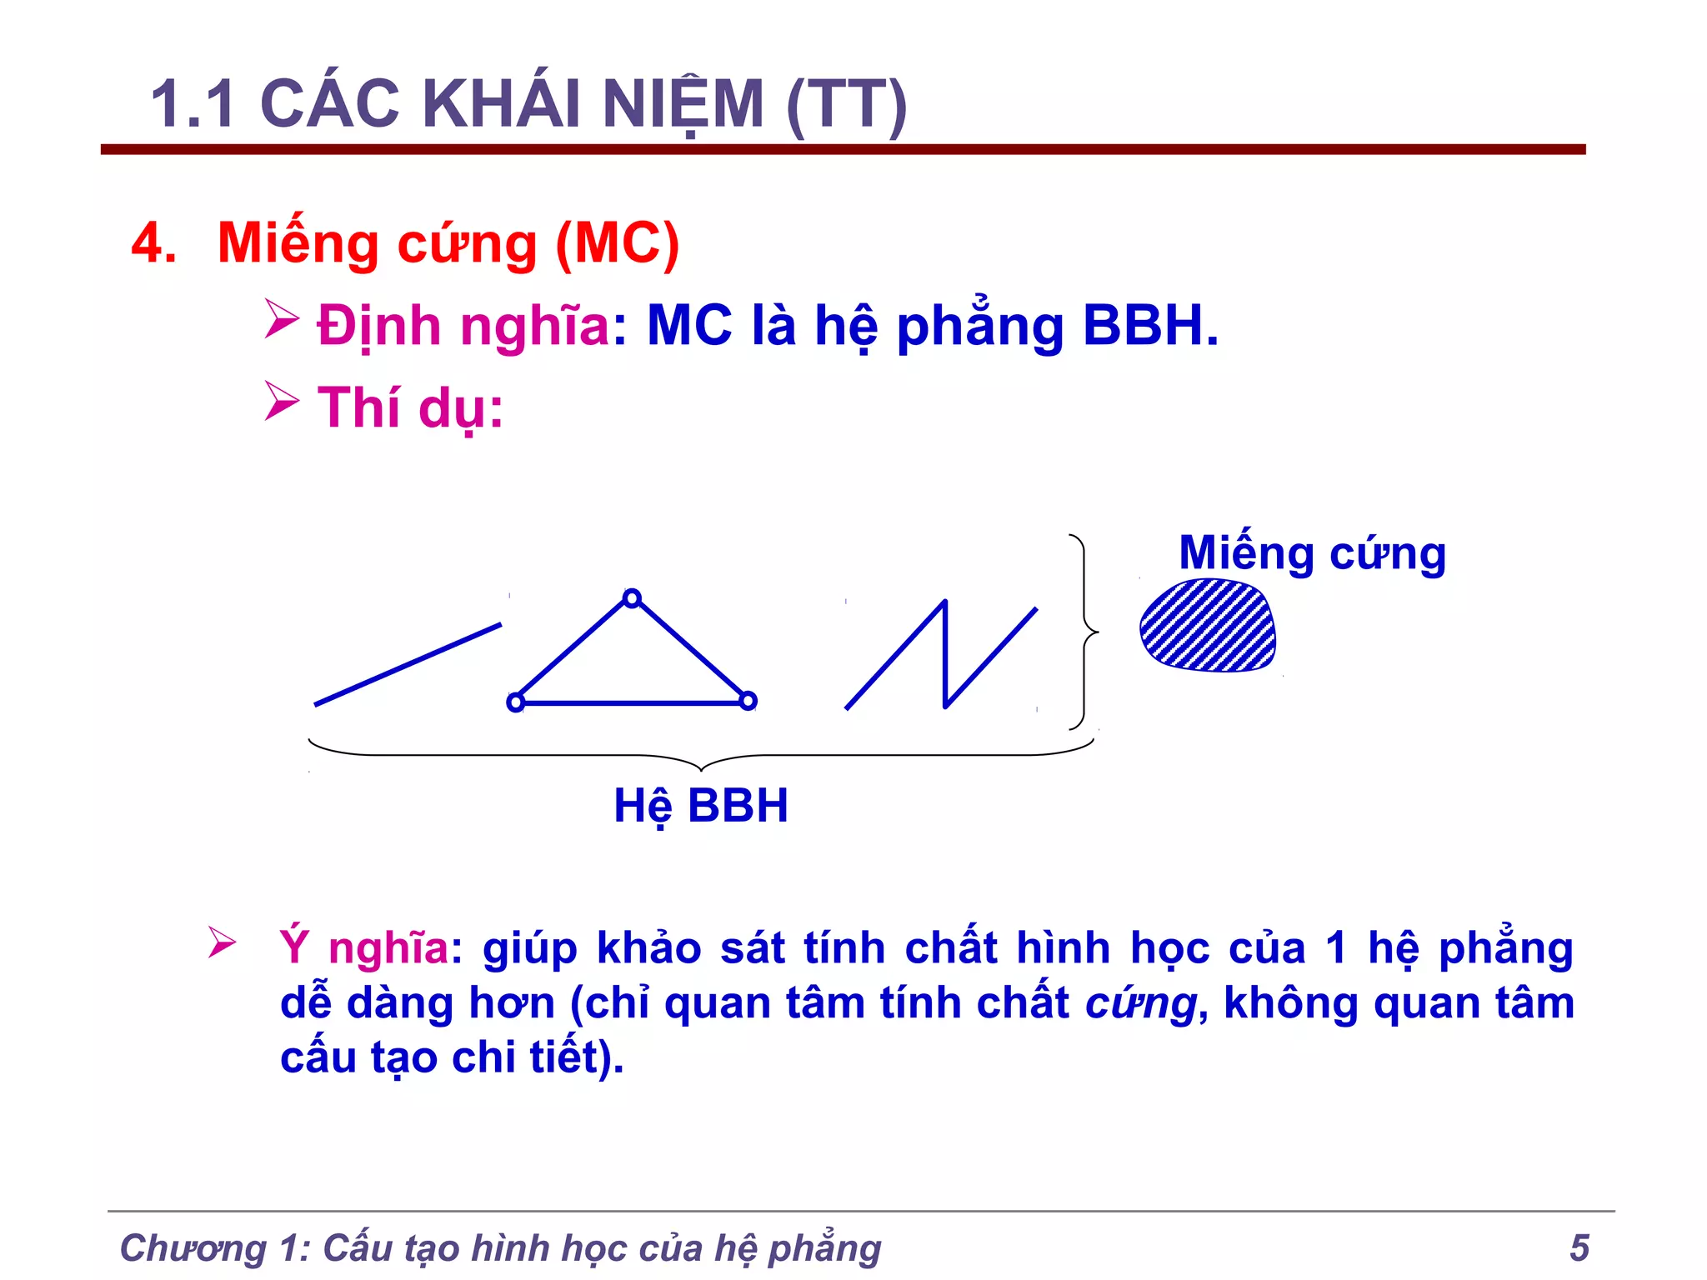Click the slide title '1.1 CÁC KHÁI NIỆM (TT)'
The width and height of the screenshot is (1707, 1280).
click(x=528, y=104)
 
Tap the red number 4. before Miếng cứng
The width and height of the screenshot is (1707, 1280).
click(x=153, y=243)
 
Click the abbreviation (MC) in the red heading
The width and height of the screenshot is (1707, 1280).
click(x=617, y=243)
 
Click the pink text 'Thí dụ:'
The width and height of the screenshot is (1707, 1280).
click(x=410, y=407)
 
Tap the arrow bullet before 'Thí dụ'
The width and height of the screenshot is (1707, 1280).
click(x=282, y=402)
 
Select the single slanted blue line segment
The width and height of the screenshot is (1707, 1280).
click(x=408, y=664)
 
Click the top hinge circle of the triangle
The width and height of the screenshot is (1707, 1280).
click(x=632, y=598)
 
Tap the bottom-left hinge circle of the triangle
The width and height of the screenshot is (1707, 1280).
click(x=516, y=702)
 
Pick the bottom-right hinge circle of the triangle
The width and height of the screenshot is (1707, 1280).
click(x=748, y=701)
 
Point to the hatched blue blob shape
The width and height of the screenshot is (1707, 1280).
click(x=1208, y=625)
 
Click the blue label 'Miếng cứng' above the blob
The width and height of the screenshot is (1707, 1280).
click(x=1312, y=553)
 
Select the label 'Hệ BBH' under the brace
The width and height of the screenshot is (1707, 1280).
click(x=700, y=806)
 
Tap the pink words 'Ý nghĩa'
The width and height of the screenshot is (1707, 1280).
click(x=364, y=947)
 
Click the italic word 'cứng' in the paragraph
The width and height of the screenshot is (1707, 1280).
click(x=1139, y=1002)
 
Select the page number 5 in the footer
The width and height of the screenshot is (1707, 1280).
click(x=1579, y=1247)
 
